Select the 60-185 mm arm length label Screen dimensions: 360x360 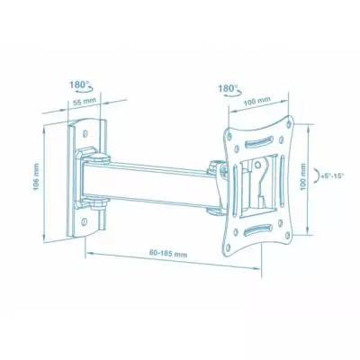click(x=169, y=256)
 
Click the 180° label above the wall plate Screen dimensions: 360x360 click(x=77, y=85)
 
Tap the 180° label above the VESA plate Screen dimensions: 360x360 click(x=225, y=89)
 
